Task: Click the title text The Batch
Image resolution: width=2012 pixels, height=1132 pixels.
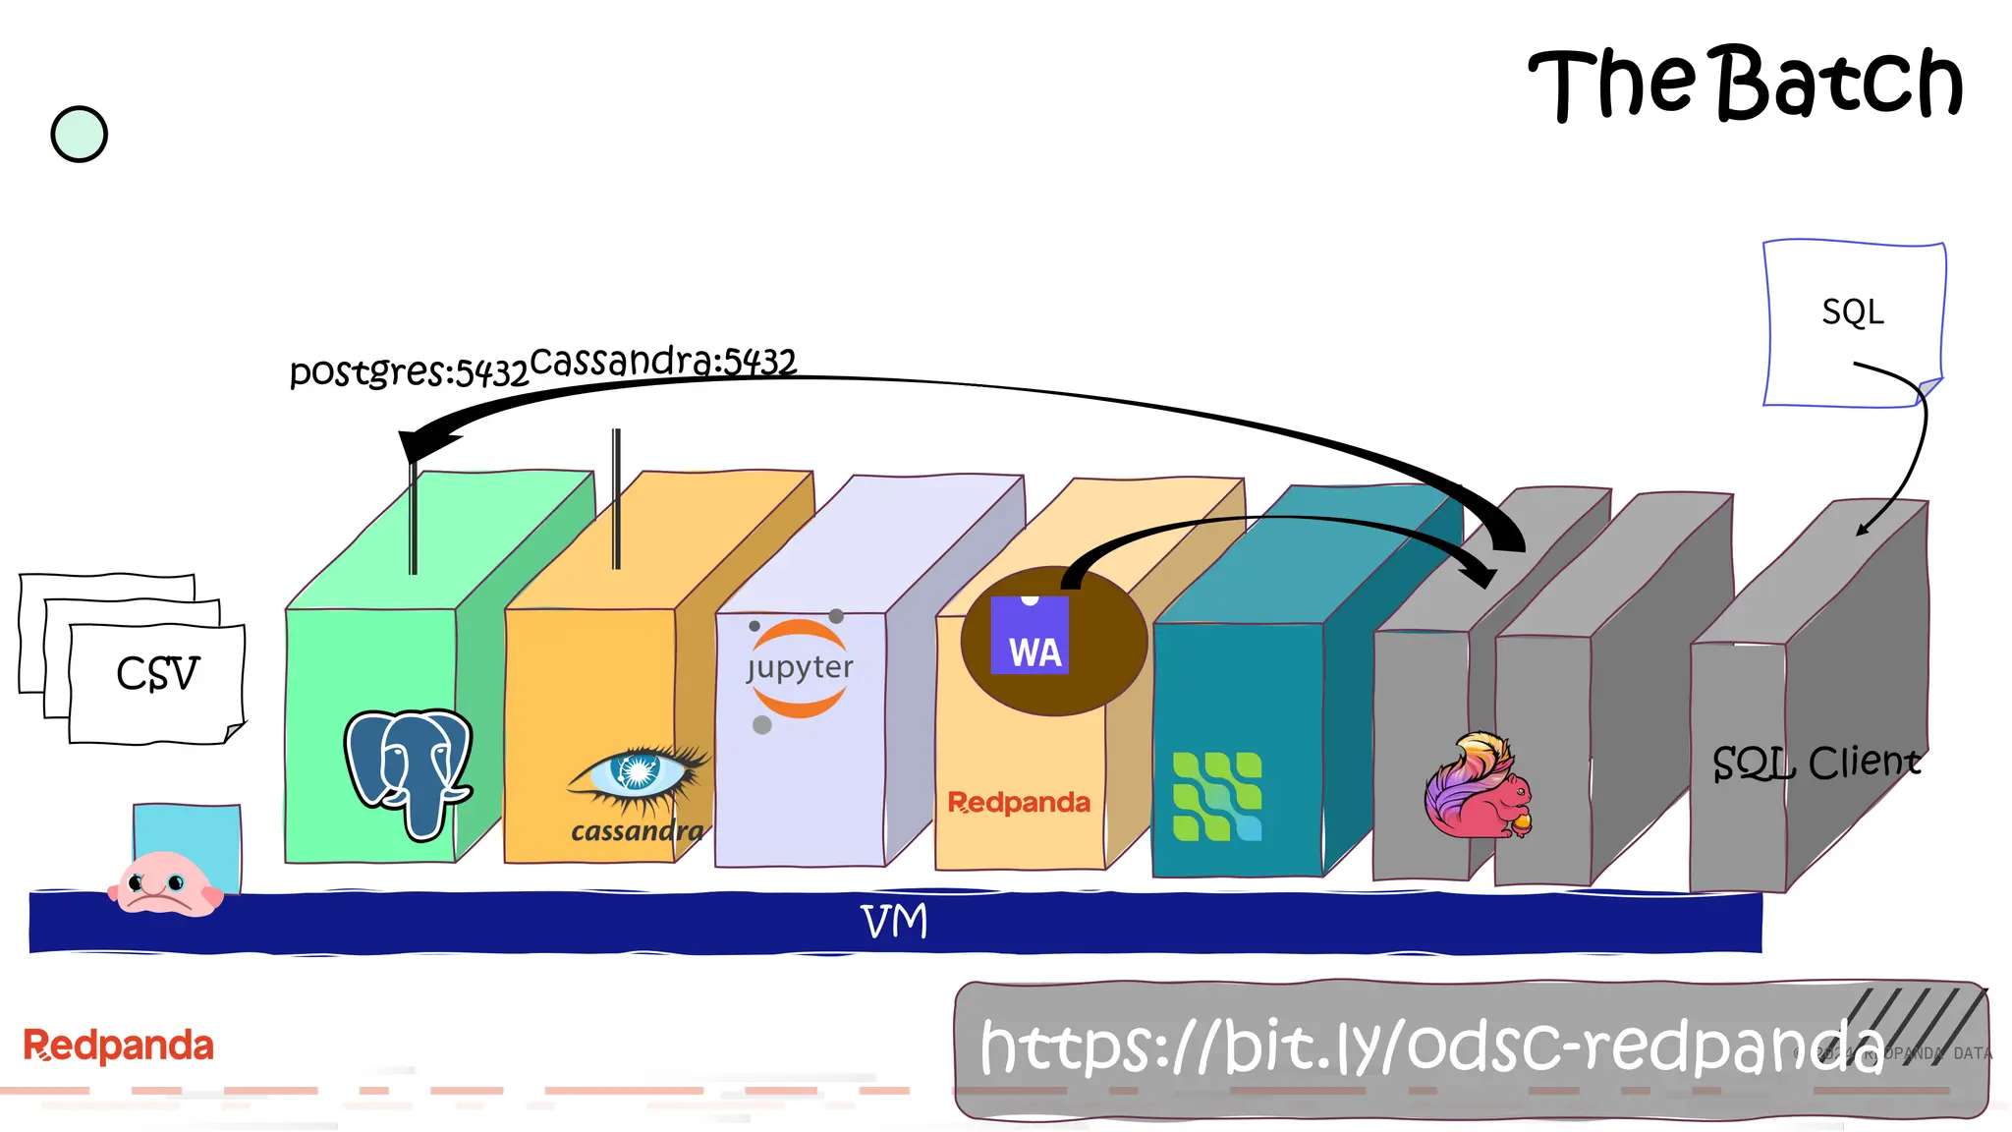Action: [x=1745, y=85]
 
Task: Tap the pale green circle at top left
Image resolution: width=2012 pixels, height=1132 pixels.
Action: [x=79, y=135]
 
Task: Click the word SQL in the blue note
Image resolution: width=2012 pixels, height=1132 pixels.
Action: [x=1853, y=312]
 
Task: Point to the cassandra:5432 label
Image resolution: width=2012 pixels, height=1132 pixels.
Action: [x=663, y=361]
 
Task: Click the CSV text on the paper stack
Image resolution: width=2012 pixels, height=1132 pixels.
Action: [x=157, y=674]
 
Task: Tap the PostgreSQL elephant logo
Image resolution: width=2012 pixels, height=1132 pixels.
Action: [x=409, y=771]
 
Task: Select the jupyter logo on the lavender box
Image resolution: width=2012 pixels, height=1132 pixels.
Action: [x=800, y=669]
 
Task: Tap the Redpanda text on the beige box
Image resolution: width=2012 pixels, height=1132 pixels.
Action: [x=1019, y=803]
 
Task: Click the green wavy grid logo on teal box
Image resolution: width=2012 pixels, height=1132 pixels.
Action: [x=1217, y=797]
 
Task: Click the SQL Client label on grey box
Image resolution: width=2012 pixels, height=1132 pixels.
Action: [x=1816, y=763]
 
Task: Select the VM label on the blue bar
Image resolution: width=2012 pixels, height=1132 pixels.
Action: [x=894, y=922]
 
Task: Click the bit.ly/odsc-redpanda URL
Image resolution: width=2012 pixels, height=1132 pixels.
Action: [x=1430, y=1047]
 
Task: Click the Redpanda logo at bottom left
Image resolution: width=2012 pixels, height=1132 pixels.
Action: [x=118, y=1046]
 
